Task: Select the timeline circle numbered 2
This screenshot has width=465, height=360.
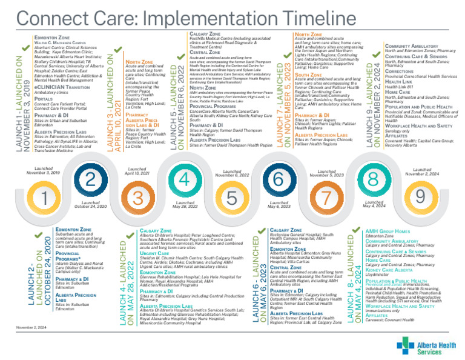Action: (90, 179)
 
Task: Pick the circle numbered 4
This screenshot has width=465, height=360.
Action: (184, 179)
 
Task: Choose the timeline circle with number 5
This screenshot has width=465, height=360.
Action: (231, 197)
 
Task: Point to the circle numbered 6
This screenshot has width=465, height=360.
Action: (278, 179)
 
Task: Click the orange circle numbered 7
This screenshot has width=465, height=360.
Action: (325, 197)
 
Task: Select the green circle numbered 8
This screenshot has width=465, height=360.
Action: (372, 179)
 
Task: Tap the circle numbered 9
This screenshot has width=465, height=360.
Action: (420, 197)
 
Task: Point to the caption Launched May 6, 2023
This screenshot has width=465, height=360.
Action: (278, 204)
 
